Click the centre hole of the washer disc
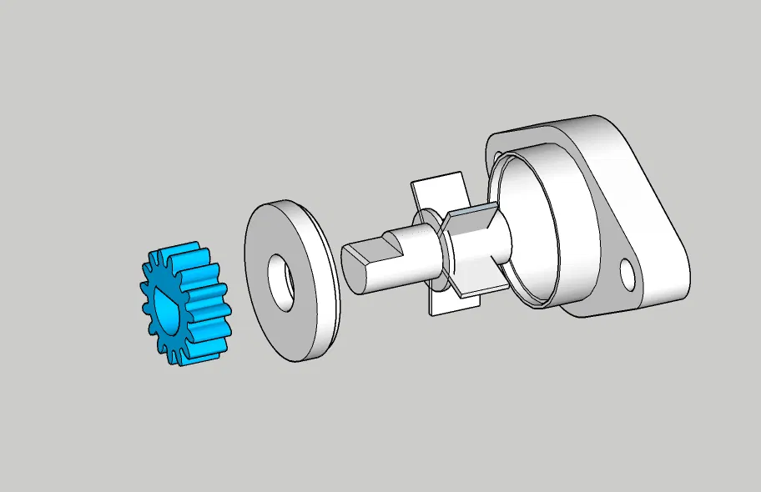click(x=281, y=279)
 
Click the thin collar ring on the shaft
click(x=436, y=250)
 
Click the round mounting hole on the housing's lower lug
click(x=626, y=270)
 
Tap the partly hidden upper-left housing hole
click(x=499, y=156)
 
